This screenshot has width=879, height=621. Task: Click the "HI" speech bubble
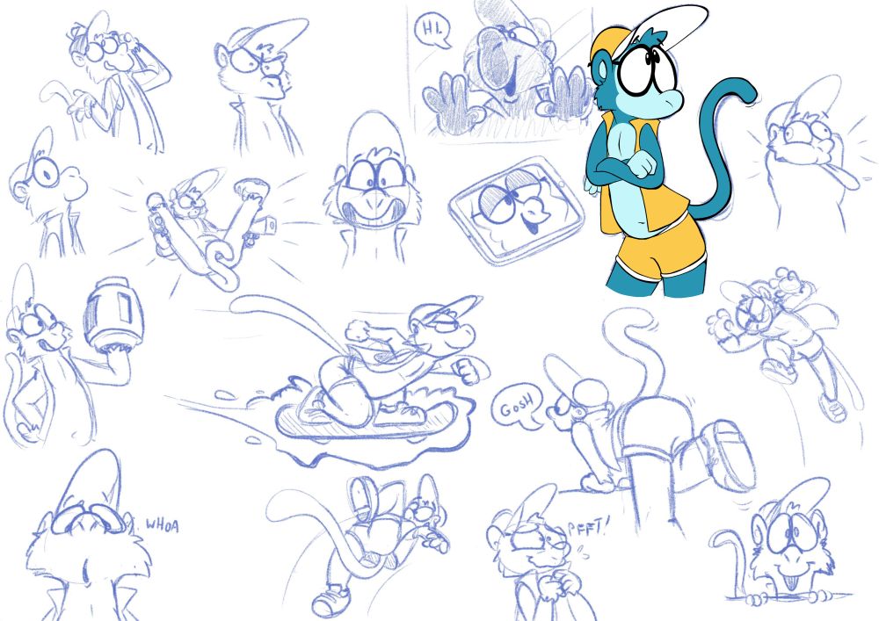pyautogui.click(x=432, y=30)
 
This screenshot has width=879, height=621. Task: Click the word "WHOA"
pyautogui.click(x=162, y=525)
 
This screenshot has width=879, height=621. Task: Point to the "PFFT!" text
pyautogui.click(x=587, y=528)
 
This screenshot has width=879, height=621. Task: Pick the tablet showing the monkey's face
pyautogui.click(x=516, y=210)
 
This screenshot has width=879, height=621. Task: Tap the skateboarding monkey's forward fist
pyautogui.click(x=469, y=370)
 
